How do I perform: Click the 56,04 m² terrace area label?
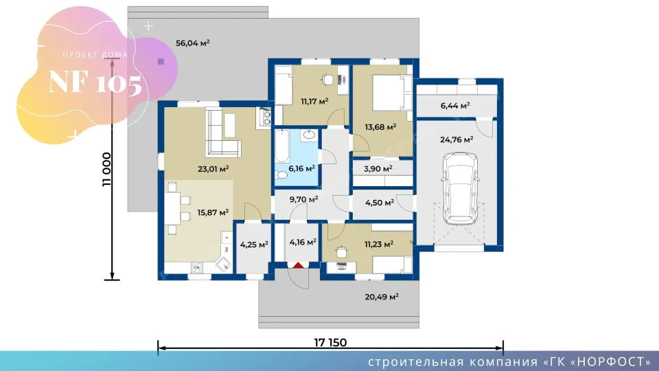pyautogui.click(x=192, y=43)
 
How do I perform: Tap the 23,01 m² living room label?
pyautogui.click(x=213, y=169)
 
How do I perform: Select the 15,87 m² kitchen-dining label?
pyautogui.click(x=213, y=212)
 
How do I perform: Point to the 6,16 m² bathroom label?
pyautogui.click(x=302, y=169)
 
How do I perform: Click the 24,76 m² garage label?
pyautogui.click(x=456, y=139)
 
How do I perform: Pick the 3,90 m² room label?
pyautogui.click(x=378, y=169)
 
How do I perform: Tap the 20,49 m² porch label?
pyautogui.click(x=382, y=297)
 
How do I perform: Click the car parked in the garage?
pyautogui.click(x=460, y=188)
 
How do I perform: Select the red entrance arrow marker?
pyautogui.click(x=298, y=265)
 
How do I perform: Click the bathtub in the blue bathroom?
pyautogui.click(x=282, y=146)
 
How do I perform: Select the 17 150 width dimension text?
pyautogui.click(x=330, y=342)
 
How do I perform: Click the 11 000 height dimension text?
pyautogui.click(x=107, y=169)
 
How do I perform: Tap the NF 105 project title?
pyautogui.click(x=95, y=82)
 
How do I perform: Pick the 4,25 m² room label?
pyautogui.click(x=254, y=245)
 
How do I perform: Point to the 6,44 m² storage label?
pyautogui.click(x=454, y=106)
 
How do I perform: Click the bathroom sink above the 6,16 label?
pyautogui.click(x=310, y=135)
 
